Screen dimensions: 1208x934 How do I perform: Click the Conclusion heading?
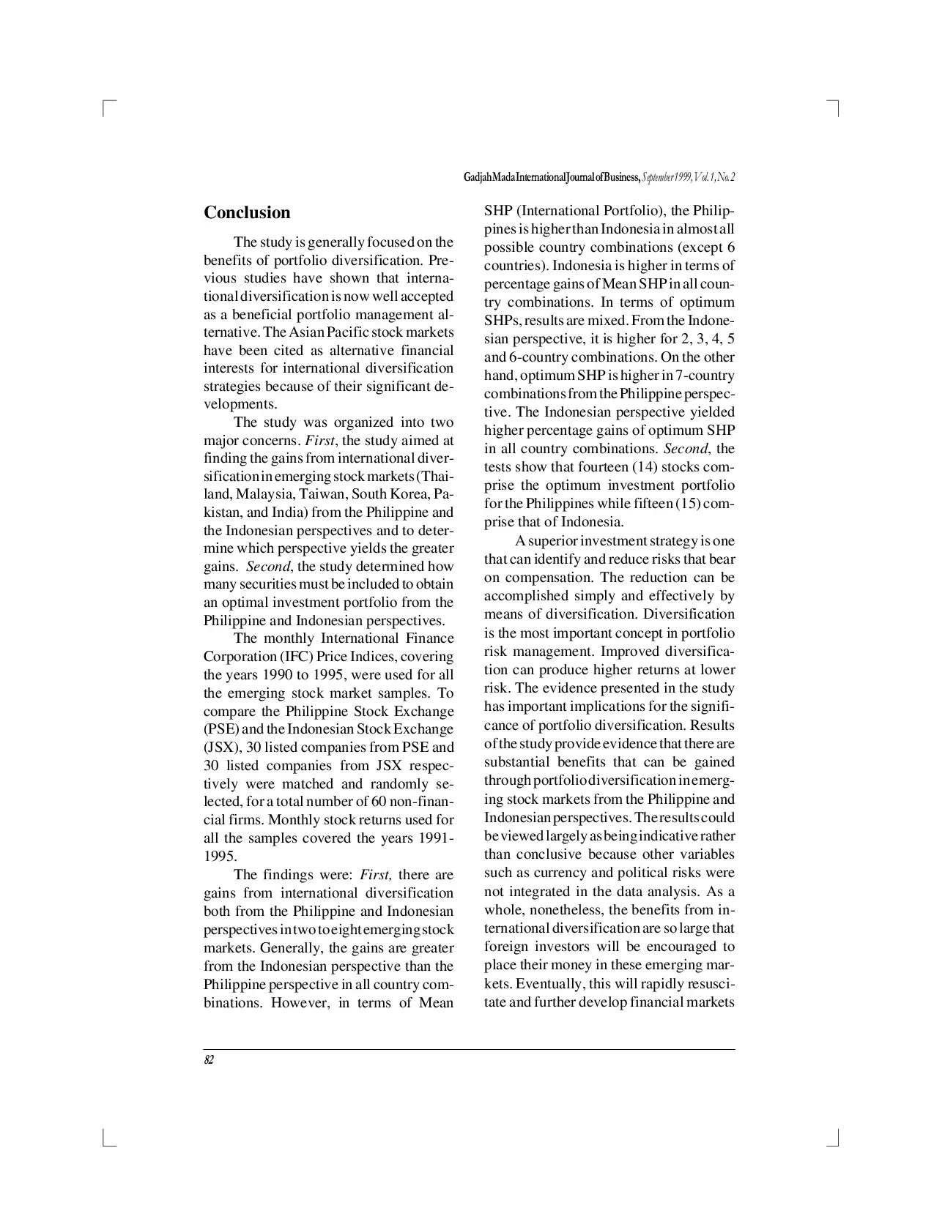(x=247, y=213)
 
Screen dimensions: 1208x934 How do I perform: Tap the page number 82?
(x=209, y=1060)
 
